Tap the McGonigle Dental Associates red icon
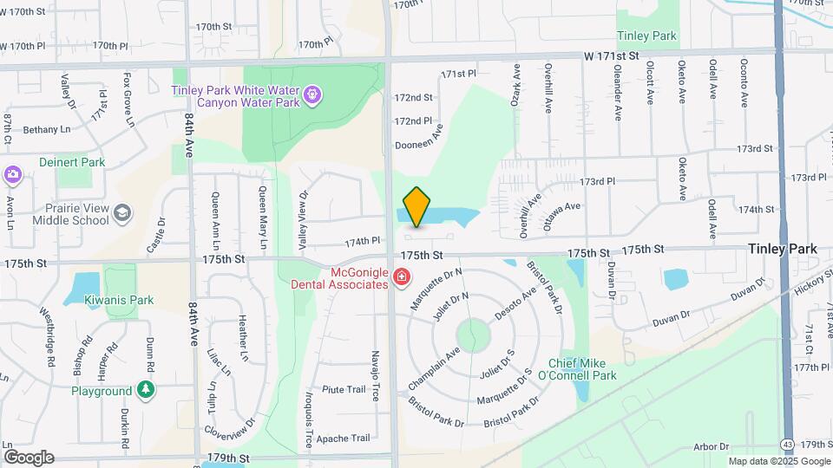(401, 277)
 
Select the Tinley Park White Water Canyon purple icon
(314, 93)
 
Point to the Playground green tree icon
(148, 391)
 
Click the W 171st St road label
(611, 55)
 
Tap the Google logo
(29, 457)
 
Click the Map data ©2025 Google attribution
(778, 462)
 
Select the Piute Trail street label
(344, 390)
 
